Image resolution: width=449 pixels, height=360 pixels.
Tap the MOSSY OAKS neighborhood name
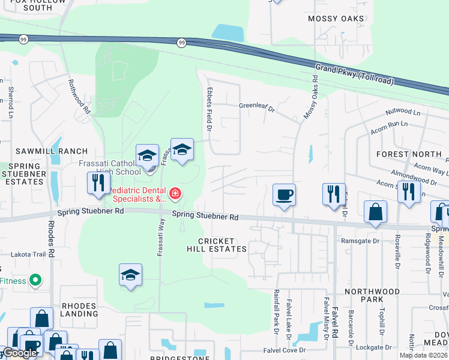coord(336,19)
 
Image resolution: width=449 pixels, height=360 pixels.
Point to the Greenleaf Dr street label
coord(256,109)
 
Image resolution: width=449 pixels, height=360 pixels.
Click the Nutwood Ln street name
coord(403,112)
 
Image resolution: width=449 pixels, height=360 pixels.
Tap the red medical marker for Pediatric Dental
coord(175,193)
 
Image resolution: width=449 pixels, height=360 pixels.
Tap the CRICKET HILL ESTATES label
coord(216,244)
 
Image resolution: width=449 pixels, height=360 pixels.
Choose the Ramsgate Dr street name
coord(360,241)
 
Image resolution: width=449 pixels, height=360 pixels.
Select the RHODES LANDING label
coord(79,310)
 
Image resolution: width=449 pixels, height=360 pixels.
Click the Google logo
coord(20,353)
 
